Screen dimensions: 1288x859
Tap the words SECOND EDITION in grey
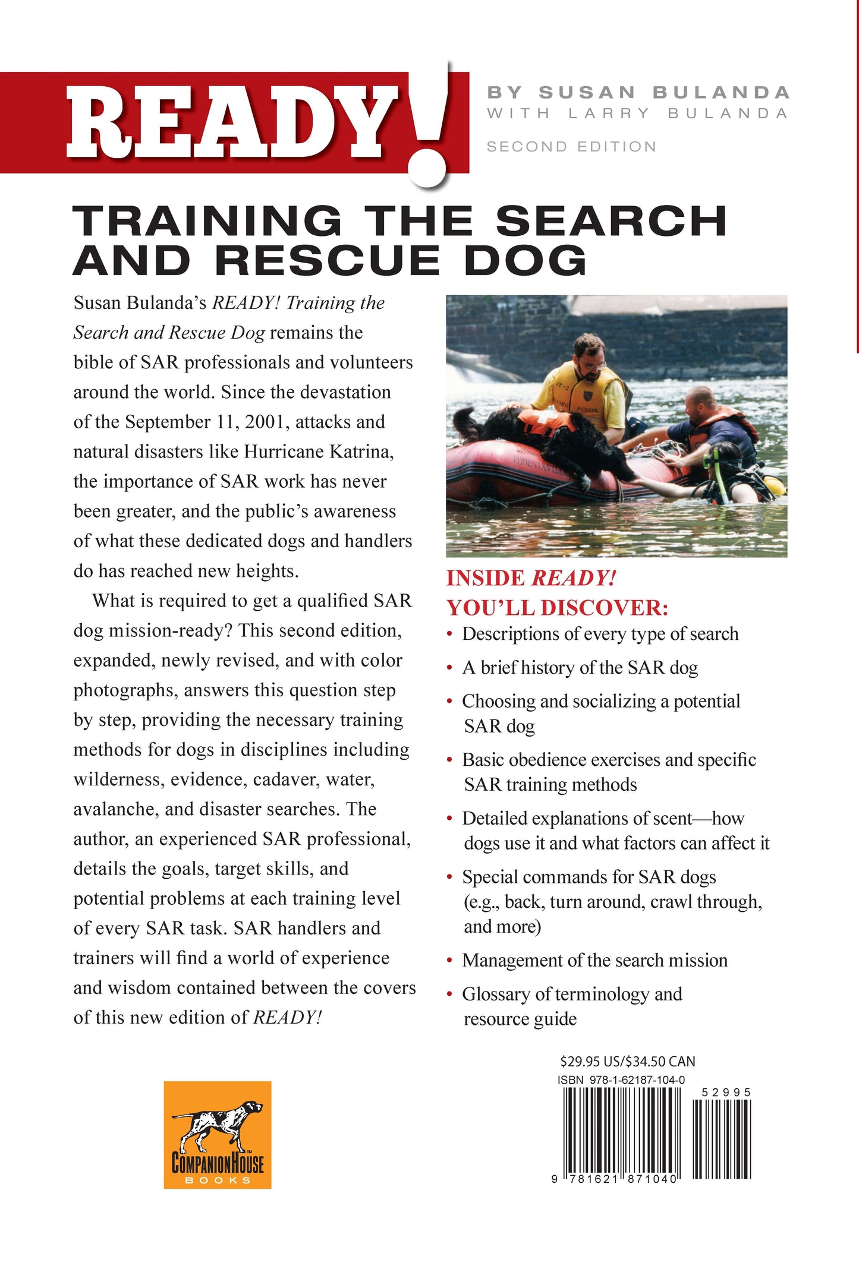(x=571, y=147)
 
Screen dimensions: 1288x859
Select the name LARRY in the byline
(x=609, y=113)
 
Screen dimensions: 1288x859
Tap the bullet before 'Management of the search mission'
(x=450, y=961)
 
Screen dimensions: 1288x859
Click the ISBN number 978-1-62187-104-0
(x=637, y=1079)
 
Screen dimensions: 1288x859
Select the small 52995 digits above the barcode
(x=726, y=1092)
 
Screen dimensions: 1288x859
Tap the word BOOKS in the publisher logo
(x=218, y=1180)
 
